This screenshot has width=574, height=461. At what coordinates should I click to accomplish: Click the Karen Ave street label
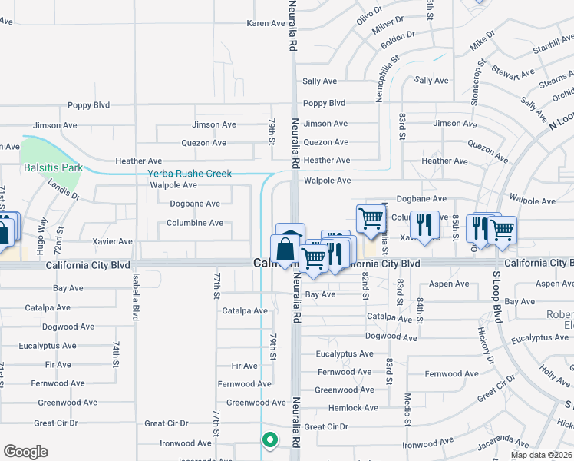coord(266,24)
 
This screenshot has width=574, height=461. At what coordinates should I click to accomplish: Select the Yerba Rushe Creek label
coord(190,174)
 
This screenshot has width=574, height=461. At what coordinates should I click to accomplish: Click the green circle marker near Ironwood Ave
coord(269,440)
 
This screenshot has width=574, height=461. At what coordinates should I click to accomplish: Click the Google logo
coord(25,452)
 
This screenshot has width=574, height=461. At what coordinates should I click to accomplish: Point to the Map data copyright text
coord(542,455)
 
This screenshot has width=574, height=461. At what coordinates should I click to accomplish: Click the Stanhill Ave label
coord(551,46)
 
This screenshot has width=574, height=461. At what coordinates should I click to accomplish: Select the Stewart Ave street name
coord(513,73)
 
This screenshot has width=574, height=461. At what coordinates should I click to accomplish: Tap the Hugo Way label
coord(42,235)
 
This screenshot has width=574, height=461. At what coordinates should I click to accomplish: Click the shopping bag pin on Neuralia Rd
coord(285,250)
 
